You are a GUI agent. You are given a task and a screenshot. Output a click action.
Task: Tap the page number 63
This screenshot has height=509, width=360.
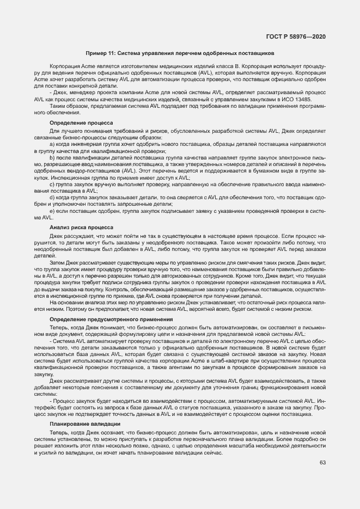[x=322, y=463]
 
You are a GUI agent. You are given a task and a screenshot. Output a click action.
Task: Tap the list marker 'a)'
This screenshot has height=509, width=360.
[x=52, y=144]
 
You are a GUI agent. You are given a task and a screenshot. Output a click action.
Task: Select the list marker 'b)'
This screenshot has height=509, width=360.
[x=52, y=156]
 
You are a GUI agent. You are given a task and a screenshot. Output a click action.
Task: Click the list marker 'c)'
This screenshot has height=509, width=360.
[x=52, y=185]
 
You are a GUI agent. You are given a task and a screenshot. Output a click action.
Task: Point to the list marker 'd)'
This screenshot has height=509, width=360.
[x=52, y=197]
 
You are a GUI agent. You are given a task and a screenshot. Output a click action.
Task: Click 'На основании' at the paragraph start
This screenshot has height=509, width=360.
[x=65, y=303]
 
